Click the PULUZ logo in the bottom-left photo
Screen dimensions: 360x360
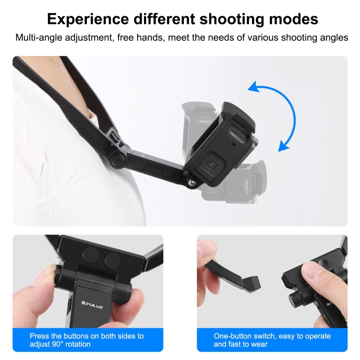pos(76,303)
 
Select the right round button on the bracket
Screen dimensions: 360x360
pos(112,261)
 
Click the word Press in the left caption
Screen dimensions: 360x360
pos(39,336)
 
